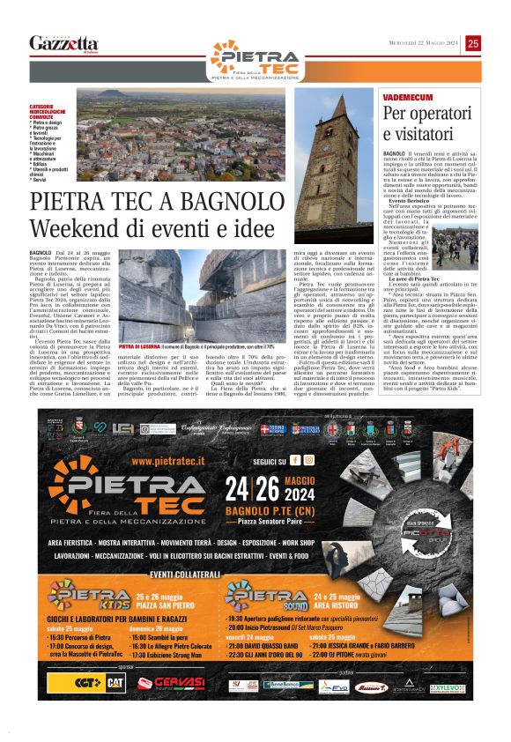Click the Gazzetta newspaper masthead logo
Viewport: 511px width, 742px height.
click(x=63, y=43)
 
